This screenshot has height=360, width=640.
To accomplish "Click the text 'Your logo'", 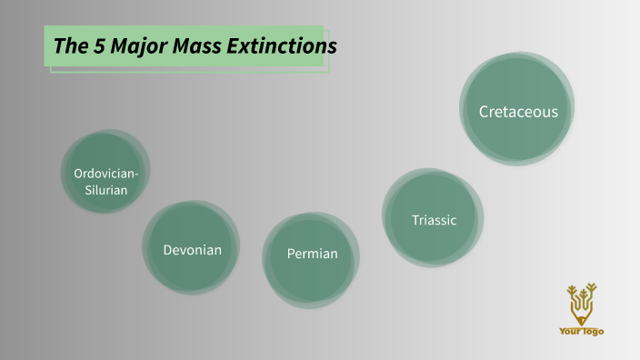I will tap(581, 332).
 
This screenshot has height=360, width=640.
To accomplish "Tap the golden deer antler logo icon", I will tap(581, 303).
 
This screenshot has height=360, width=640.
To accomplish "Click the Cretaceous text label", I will tap(517, 112).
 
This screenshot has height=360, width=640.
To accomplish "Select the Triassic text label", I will tap(434, 220).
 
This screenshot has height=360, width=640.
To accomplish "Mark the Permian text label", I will tap(312, 254).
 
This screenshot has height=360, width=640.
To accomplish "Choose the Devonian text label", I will tap(192, 249).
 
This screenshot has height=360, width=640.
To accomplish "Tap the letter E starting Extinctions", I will tap(235, 45).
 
